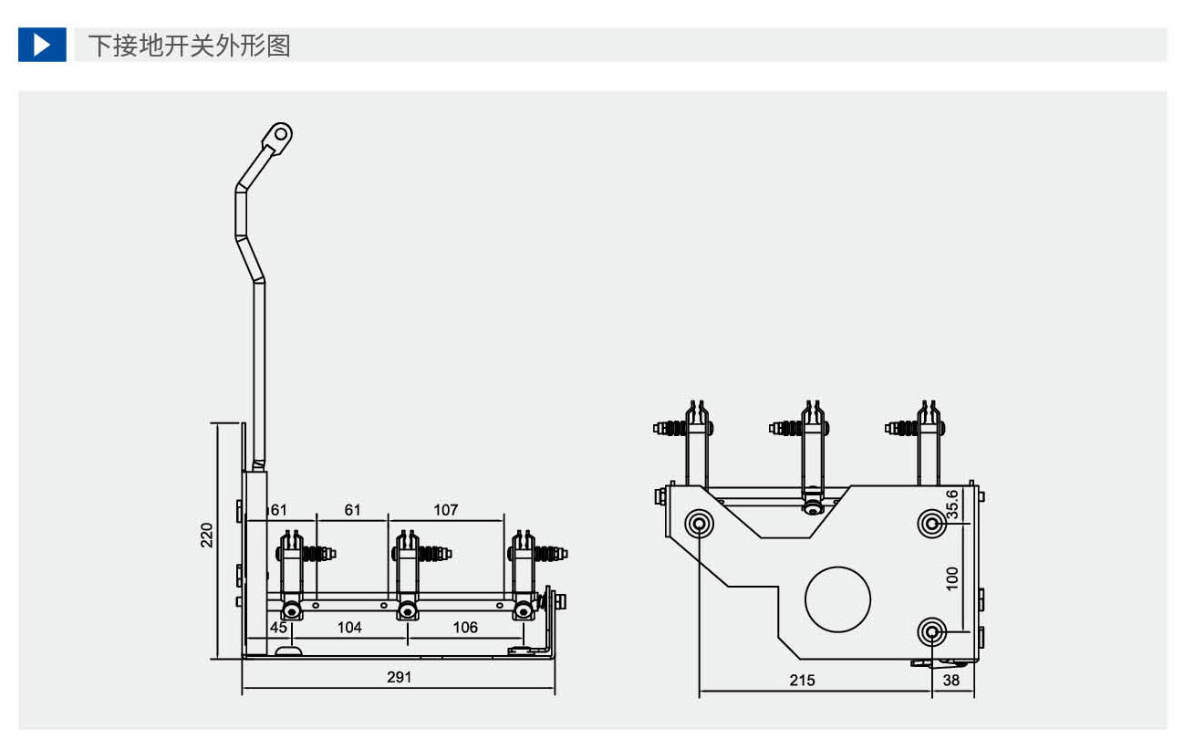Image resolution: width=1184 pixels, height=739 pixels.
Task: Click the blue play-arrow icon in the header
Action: tap(42, 45)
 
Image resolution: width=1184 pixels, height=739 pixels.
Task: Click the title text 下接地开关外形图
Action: tap(189, 46)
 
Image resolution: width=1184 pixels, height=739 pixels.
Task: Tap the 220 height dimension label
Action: tap(208, 535)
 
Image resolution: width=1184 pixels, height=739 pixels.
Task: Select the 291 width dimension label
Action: tap(400, 677)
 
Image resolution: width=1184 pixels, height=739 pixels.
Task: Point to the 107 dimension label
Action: tap(446, 510)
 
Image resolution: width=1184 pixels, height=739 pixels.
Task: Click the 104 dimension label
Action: tap(349, 628)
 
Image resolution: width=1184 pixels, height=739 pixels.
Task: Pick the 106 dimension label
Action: tap(465, 628)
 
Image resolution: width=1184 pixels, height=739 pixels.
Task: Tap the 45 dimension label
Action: tap(278, 628)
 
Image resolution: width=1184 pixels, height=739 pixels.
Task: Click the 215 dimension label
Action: tap(803, 681)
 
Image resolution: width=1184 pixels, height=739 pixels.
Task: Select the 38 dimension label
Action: tap(951, 681)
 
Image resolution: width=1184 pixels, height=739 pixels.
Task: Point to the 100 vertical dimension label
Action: tap(952, 578)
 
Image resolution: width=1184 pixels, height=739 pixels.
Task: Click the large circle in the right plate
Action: tap(837, 598)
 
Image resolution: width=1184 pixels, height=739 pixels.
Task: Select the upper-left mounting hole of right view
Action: tap(700, 524)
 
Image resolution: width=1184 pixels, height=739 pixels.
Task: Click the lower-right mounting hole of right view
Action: tap(931, 631)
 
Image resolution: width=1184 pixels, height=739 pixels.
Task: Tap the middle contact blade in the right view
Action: tap(812, 456)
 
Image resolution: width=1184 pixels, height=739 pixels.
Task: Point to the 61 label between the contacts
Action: tap(352, 510)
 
